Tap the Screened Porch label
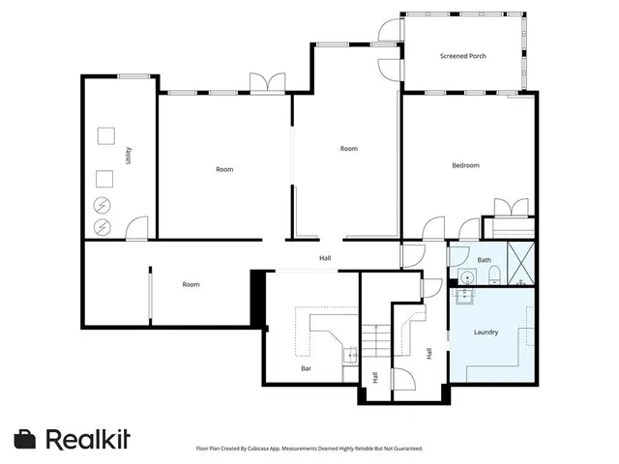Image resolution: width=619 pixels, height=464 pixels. click(462, 56)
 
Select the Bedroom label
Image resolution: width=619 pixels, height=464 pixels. click(465, 165)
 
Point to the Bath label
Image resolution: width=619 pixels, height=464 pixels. click(485, 260)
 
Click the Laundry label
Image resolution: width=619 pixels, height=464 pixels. click(486, 333)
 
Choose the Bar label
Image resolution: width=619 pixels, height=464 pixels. click(306, 368)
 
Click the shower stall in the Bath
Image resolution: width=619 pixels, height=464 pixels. click(522, 264)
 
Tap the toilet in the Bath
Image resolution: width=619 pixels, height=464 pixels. click(493, 277)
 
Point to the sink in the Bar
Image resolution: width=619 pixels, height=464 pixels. click(348, 355)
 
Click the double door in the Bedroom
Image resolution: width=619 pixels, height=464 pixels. click(512, 207)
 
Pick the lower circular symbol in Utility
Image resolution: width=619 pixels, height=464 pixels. click(103, 228)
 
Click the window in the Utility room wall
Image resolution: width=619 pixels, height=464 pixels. click(133, 75)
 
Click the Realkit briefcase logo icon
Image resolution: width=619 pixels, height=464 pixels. click(26, 439)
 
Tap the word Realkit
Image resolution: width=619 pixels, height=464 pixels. click(88, 439)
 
